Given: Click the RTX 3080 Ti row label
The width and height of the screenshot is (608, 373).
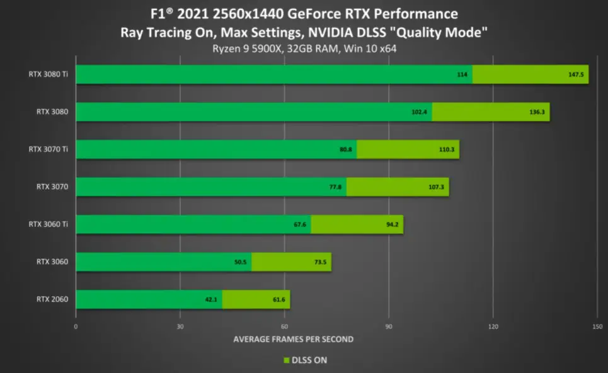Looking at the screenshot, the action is coord(48,74).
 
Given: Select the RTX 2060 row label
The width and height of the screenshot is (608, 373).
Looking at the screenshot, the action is coord(52,299).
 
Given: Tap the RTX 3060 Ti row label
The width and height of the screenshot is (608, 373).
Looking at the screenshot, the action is coord(48,224).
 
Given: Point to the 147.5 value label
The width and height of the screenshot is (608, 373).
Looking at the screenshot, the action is coord(576,74).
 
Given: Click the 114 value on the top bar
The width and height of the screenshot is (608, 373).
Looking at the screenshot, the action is coord(462,74).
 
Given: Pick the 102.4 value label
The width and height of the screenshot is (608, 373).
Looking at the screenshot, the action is coord(419,112).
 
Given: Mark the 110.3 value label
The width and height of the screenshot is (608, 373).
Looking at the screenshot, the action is coord(447,149).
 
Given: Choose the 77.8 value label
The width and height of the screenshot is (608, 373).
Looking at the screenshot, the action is coord(335,187).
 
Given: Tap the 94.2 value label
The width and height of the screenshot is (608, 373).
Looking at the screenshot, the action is coord(392,224).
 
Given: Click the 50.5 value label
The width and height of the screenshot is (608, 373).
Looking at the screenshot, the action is coord(241,262).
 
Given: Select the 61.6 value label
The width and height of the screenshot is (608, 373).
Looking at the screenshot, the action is coord(278,300).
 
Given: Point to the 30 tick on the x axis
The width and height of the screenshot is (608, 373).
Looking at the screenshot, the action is coord(180,327).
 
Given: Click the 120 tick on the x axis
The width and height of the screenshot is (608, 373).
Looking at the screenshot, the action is coord(493,327).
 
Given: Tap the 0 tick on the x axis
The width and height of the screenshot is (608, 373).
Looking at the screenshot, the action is coord(76,327).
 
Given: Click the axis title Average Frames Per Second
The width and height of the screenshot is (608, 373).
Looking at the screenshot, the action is coord(294,339).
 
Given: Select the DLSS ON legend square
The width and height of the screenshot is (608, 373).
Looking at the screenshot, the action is coord(287,360).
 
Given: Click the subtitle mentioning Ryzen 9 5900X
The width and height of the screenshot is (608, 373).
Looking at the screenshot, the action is coord(304,49).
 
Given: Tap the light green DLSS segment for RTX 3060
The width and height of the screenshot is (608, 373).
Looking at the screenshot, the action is coord(292,262).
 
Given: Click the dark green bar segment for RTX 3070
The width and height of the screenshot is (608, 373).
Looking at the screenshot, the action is coord(211,187).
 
